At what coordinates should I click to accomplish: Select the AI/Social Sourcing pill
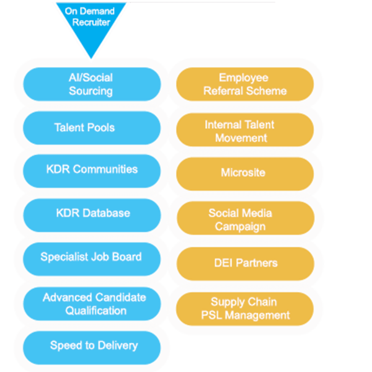point(92,84)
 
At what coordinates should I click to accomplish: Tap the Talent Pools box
point(92,128)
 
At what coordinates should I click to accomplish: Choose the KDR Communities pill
point(92,171)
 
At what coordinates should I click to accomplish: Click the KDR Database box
point(92,215)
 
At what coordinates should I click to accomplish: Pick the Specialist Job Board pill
point(92,259)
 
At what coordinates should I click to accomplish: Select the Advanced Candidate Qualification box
point(92,304)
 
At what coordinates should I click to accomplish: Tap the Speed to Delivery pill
point(92,348)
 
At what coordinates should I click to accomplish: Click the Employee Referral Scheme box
point(245,84)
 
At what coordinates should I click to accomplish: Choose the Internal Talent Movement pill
point(245,130)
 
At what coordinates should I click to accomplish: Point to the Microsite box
point(245,174)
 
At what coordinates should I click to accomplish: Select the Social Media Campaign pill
point(246,218)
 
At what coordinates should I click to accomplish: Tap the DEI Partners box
point(246,264)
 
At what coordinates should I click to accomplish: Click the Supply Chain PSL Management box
point(245,309)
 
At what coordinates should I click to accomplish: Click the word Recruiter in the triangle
point(91,22)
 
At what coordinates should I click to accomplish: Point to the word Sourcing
point(91,91)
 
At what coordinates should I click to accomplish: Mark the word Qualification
point(96,311)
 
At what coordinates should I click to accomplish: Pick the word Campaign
point(240,226)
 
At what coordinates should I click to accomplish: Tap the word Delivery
point(118,346)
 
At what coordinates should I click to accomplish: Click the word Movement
point(241,138)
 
